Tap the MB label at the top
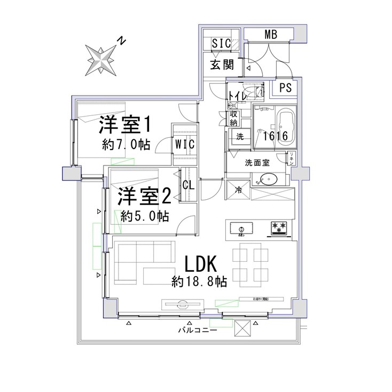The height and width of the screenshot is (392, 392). click(271, 35)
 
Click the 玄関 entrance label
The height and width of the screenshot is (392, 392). click(222, 67)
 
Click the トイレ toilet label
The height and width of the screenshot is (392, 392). click(237, 96)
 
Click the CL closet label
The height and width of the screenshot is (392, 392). click(189, 185)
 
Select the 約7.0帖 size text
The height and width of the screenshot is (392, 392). click(126, 144)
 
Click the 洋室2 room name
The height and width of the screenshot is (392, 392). click(144, 197)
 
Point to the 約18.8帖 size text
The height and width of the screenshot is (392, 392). click(199, 281)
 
